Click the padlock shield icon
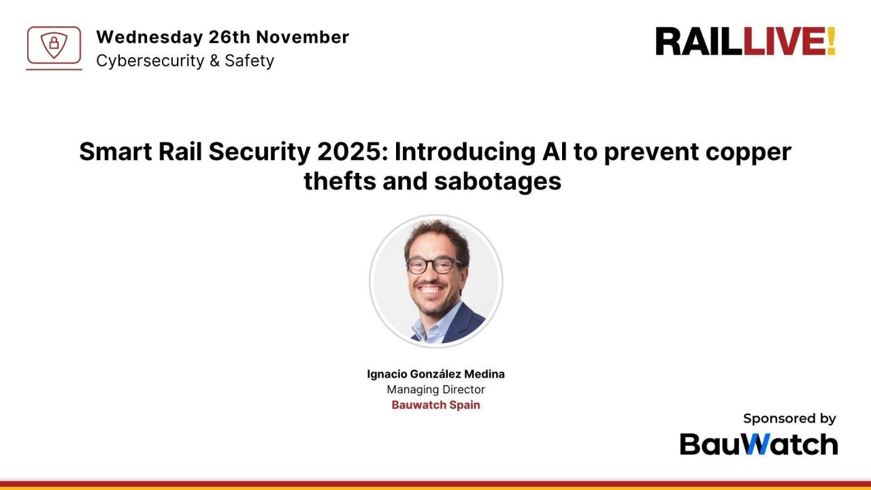[54, 46]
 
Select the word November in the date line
[302, 37]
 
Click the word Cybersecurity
[149, 61]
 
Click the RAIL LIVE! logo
[745, 42]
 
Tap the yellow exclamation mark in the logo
[831, 42]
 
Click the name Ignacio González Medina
[435, 374]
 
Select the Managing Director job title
[435, 390]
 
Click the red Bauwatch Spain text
[435, 405]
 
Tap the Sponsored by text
[789, 419]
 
